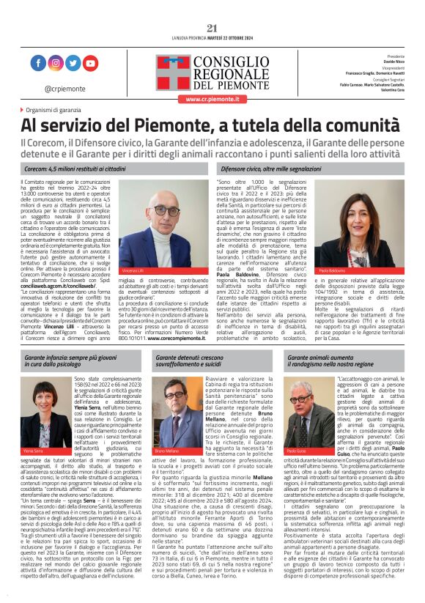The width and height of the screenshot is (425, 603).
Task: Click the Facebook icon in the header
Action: tap(38, 64)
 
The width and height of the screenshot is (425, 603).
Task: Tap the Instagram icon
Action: tap(56, 64)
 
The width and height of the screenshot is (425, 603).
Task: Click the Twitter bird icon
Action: tap(73, 64)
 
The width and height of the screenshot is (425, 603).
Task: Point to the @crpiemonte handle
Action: tap(64, 88)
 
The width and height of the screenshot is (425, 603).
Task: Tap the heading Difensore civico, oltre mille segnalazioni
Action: tap(270, 169)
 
